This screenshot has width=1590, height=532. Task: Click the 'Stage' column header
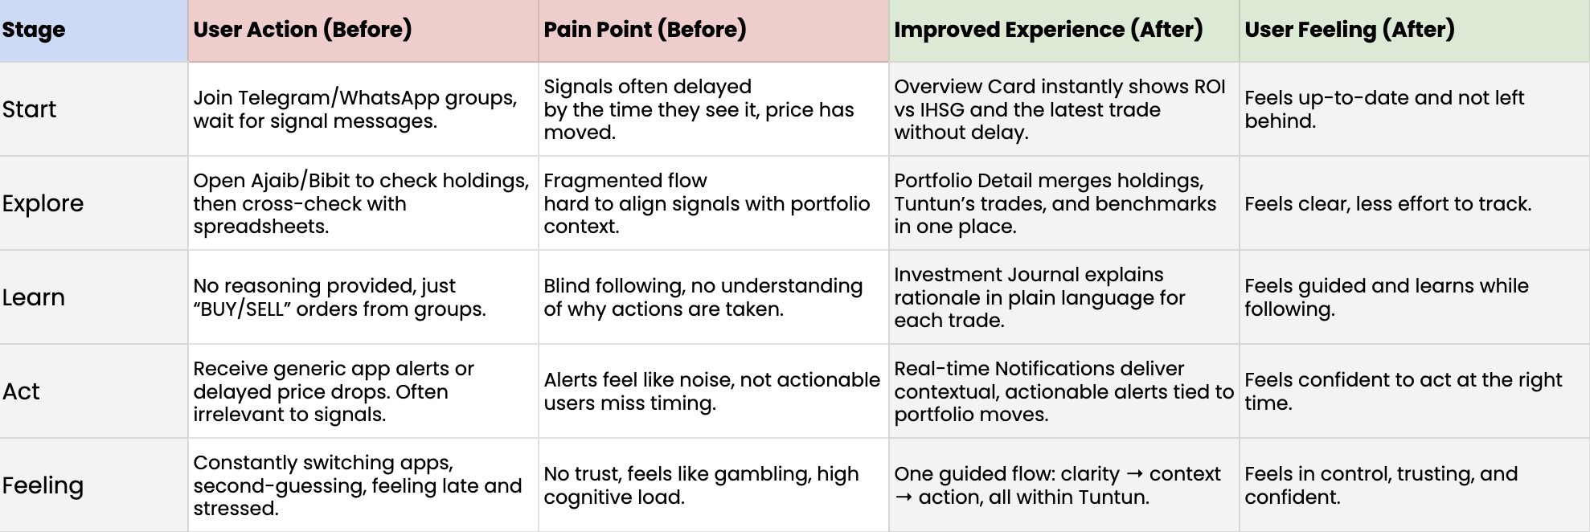click(x=34, y=30)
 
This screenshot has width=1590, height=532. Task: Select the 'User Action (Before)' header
click(x=302, y=30)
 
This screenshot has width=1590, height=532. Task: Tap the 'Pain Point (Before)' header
click(x=645, y=30)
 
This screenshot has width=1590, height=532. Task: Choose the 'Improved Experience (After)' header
click(x=1048, y=30)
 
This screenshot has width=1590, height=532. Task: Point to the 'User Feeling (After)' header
click(x=1350, y=30)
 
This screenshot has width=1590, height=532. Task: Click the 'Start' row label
click(x=29, y=109)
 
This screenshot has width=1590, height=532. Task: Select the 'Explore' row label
click(x=43, y=203)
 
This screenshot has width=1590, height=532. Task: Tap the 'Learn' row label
click(x=33, y=297)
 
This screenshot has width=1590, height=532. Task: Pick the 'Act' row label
click(x=21, y=391)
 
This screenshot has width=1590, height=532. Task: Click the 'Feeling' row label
click(x=43, y=485)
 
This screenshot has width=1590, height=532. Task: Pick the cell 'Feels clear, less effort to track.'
click(x=1387, y=204)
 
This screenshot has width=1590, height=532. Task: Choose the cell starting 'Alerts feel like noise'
click(x=712, y=391)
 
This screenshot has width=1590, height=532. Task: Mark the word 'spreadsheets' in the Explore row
click(x=260, y=227)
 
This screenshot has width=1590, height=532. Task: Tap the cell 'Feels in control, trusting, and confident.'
click(x=1381, y=485)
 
